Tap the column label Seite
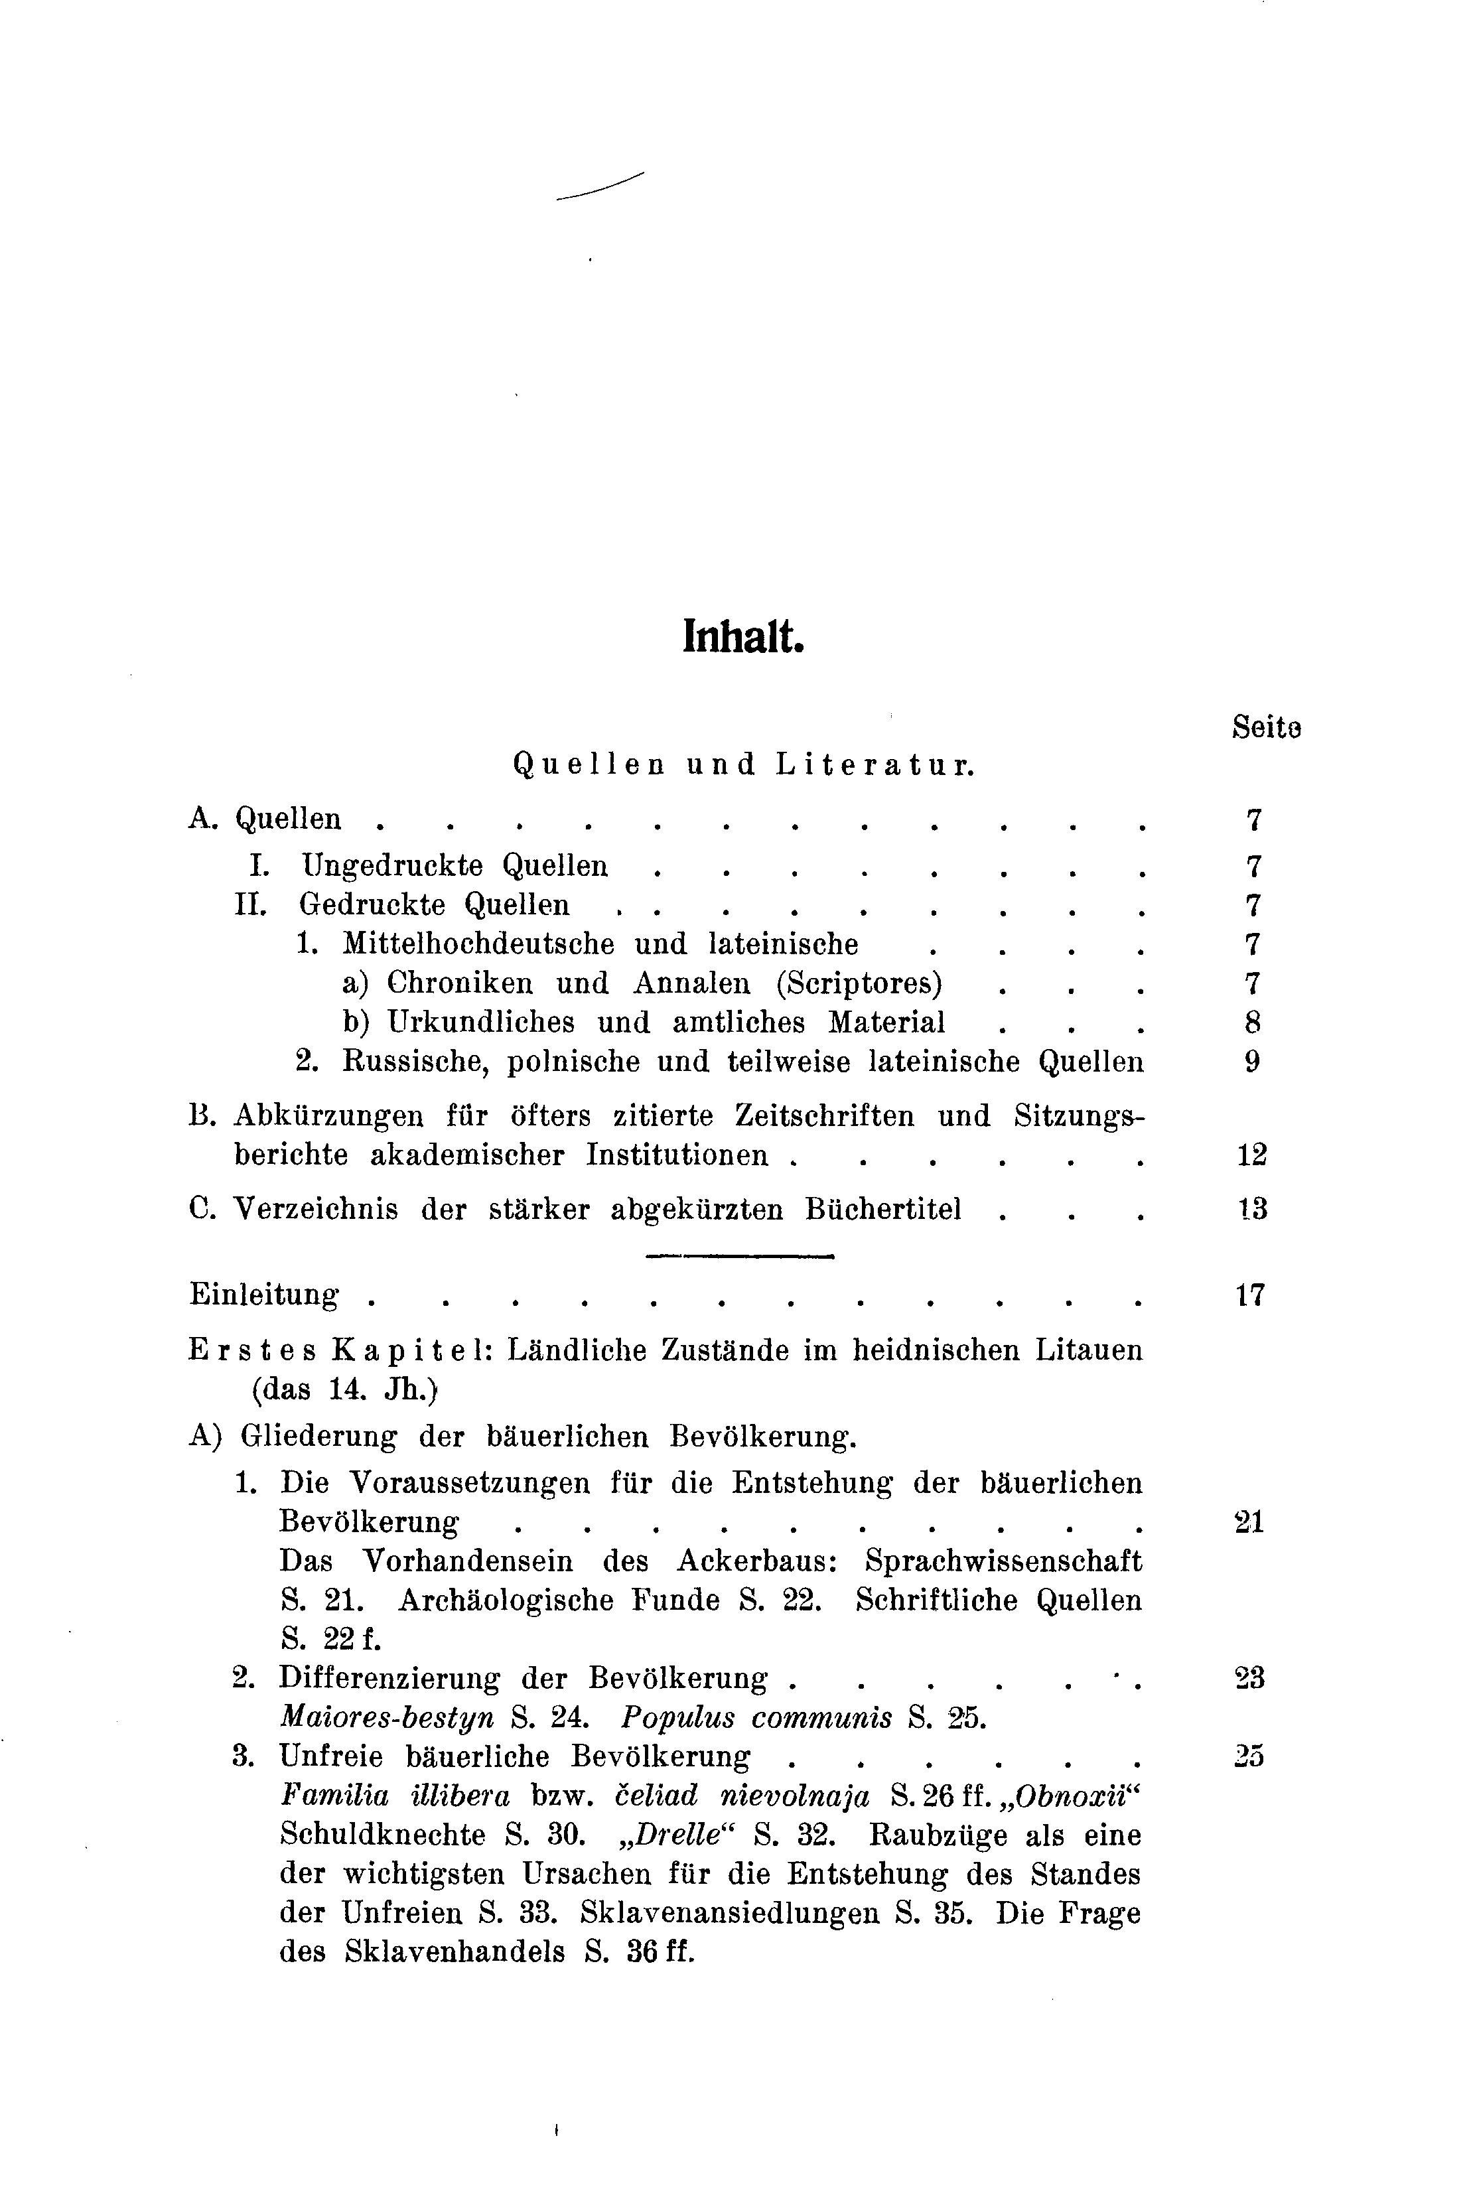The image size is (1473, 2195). (1265, 729)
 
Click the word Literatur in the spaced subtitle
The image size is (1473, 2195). (875, 766)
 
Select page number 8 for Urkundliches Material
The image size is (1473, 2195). (1251, 1023)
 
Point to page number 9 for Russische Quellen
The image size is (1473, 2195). (1251, 1062)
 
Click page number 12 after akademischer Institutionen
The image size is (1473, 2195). (1251, 1155)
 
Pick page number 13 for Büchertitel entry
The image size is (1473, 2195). (1251, 1209)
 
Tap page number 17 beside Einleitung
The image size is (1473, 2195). (1250, 1296)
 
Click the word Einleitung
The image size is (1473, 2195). (264, 1296)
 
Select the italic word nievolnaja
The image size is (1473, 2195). (795, 1796)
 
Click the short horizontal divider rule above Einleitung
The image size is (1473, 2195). (740, 1256)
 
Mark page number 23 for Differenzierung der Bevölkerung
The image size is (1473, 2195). (1250, 1677)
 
